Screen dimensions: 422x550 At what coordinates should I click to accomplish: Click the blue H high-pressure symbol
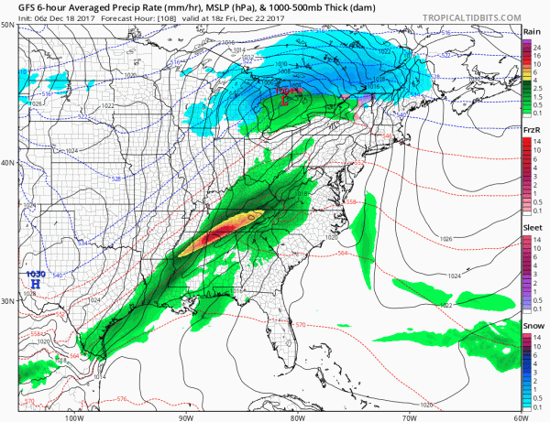[x=36, y=285]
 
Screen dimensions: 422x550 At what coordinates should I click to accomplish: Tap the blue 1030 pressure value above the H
[x=36, y=274]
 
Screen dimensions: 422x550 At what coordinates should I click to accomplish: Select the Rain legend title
[x=530, y=32]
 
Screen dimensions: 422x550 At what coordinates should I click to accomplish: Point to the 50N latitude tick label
[x=8, y=25]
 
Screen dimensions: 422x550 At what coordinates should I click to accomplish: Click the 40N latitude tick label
[x=8, y=163]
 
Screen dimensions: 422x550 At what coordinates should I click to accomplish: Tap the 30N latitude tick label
[x=8, y=300]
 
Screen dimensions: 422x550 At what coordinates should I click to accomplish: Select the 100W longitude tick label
[x=74, y=417]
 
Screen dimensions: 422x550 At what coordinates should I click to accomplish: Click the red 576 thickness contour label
[x=121, y=399]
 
